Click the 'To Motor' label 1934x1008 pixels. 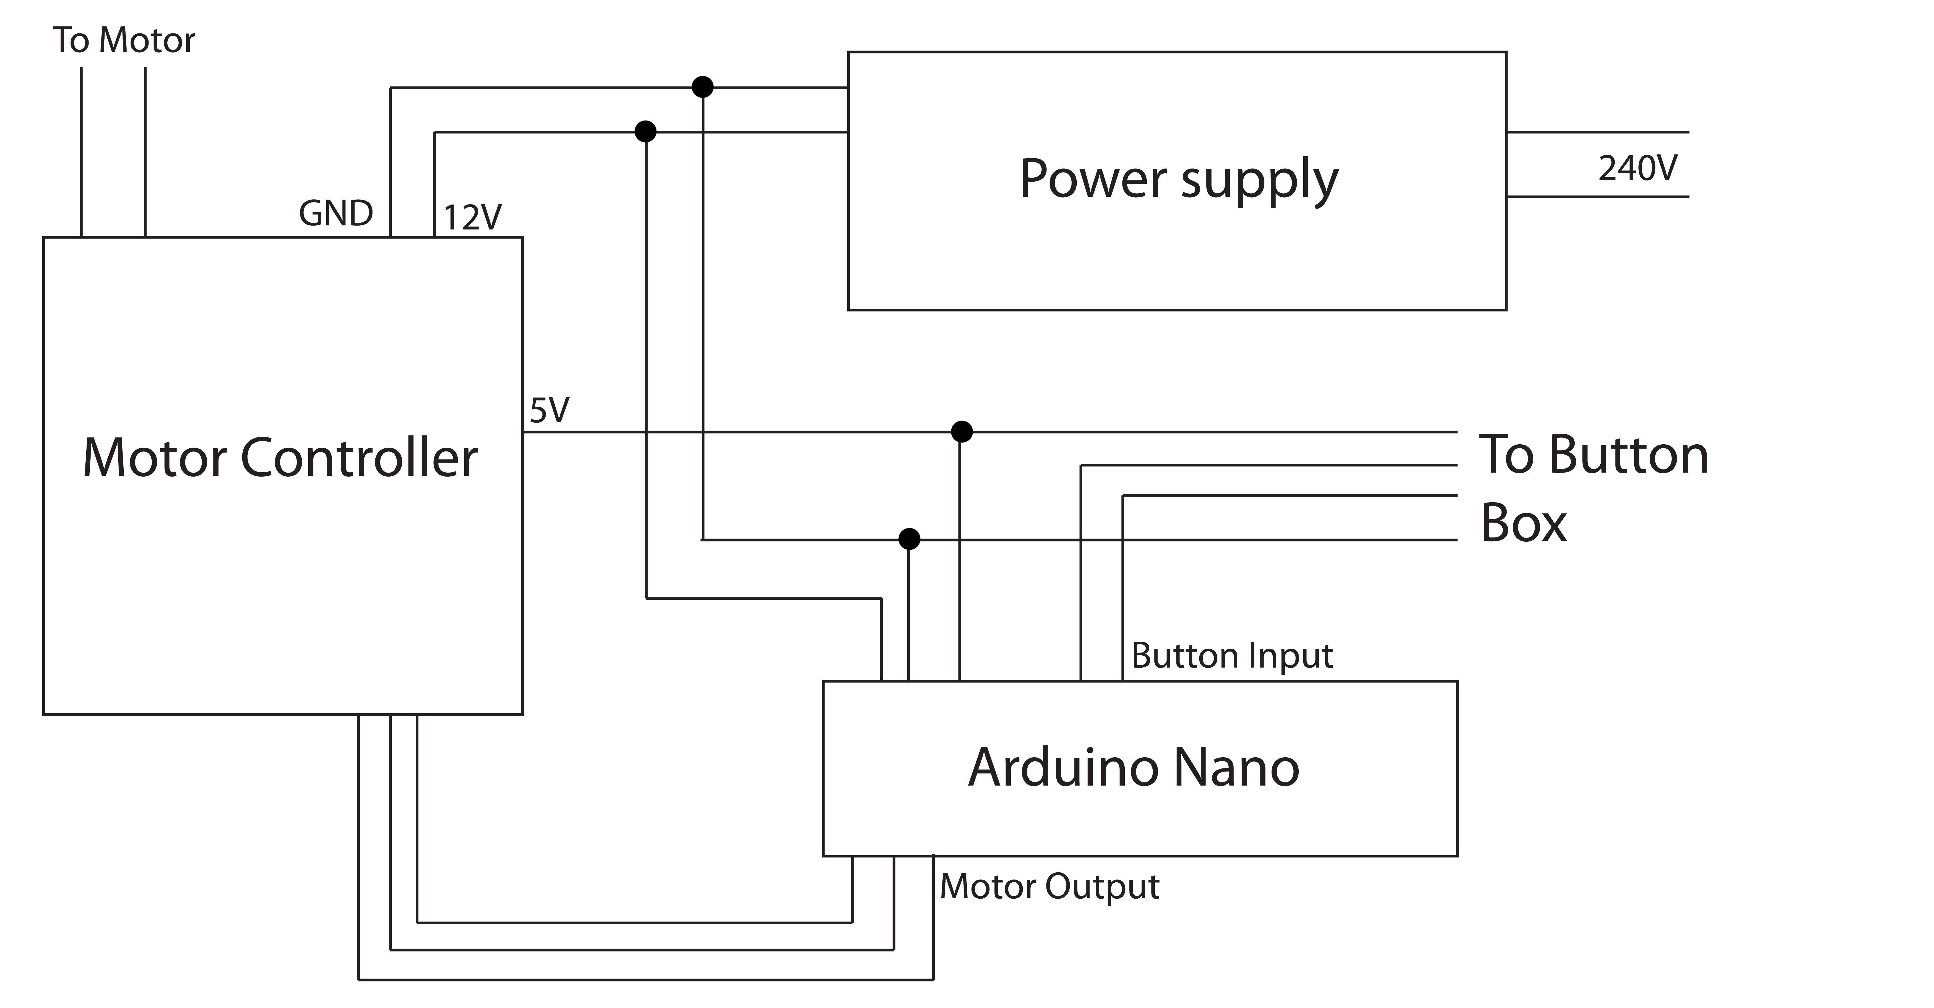point(124,41)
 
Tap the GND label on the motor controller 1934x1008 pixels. point(336,214)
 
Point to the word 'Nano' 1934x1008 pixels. point(1235,768)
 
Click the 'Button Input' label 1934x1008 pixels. point(1231,656)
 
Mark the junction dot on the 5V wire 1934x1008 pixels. point(962,431)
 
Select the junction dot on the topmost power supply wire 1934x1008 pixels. point(702,87)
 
